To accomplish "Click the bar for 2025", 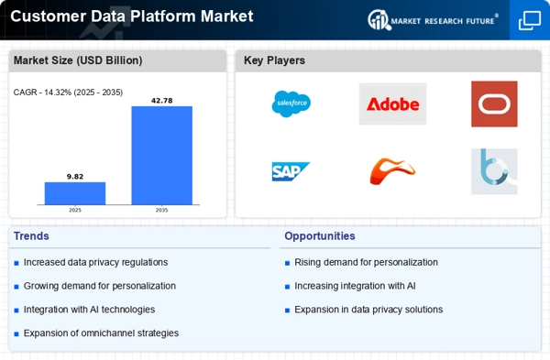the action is tap(75, 193).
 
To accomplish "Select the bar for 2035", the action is tap(161, 156).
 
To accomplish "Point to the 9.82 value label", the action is tap(75, 176).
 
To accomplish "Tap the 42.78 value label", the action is tap(161, 101).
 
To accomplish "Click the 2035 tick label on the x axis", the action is tap(161, 210).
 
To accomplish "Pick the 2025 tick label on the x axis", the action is tap(75, 210).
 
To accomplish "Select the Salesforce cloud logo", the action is tap(291, 104).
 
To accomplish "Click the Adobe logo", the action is tap(392, 104).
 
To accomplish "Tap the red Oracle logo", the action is tap(494, 104).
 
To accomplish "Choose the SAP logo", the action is tap(291, 171).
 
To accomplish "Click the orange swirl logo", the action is tap(392, 170).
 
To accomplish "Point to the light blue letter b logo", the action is tap(494, 171).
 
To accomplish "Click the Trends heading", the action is tap(31, 236).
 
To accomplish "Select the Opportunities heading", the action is tap(320, 236).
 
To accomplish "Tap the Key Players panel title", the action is tap(274, 60).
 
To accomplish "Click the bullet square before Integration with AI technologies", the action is tap(16, 311).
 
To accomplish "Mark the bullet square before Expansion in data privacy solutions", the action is tap(287, 311).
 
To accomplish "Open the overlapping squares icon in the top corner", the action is tap(530, 20).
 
